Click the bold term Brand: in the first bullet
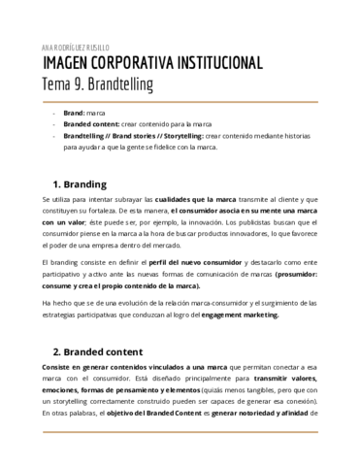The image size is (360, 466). pos(76,113)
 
